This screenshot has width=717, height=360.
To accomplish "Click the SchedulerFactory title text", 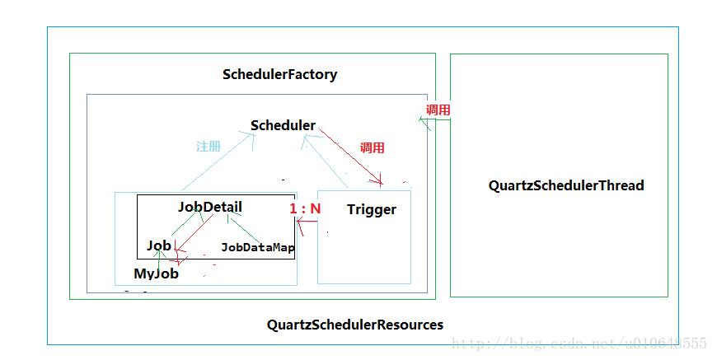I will tap(279, 74).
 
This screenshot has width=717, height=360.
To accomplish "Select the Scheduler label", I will tap(283, 125).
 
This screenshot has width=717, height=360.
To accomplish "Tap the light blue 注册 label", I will tap(209, 146).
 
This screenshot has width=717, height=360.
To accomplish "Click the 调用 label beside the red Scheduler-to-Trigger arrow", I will tap(373, 148).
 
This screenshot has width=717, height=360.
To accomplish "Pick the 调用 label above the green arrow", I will tap(438, 110).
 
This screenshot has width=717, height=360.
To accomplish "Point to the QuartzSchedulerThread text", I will tap(565, 185).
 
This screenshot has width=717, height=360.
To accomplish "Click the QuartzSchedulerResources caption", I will tap(354, 324).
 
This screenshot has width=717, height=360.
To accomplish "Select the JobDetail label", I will tap(210, 206).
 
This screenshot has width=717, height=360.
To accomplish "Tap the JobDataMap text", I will tap(258, 246).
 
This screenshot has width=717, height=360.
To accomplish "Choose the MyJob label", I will tap(156, 273).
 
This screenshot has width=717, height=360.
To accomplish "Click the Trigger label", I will tap(371, 209).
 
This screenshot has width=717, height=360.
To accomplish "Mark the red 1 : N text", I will tap(305, 209).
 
